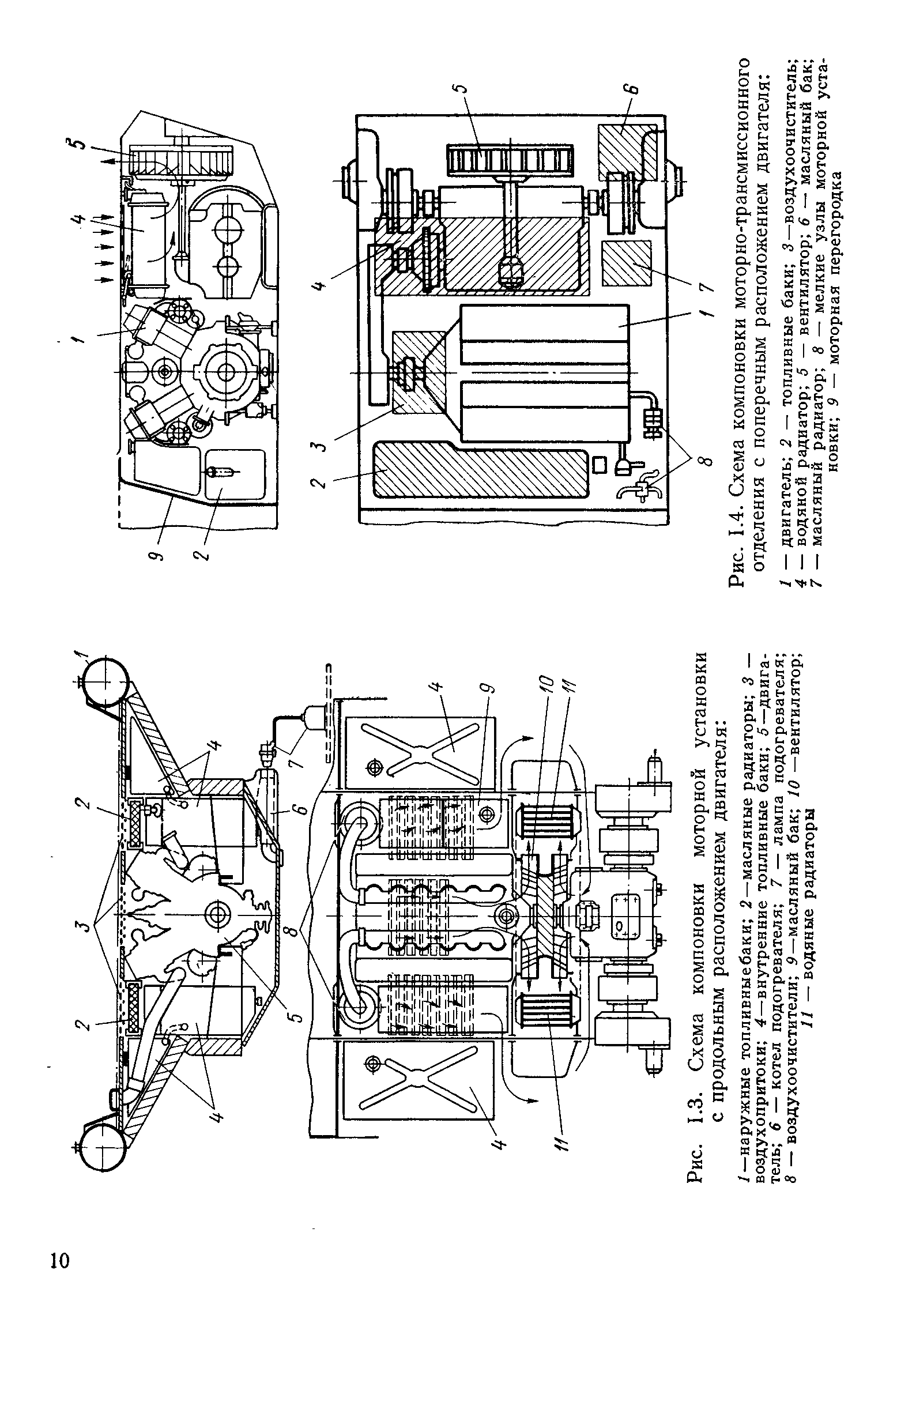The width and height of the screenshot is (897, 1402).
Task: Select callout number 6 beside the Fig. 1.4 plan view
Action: click(634, 90)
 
